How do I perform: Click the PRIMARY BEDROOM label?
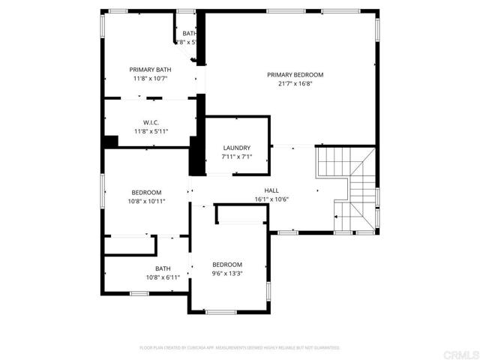coord(295,74)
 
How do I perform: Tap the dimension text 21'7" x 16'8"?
coord(295,84)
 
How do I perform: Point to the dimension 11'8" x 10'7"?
coord(150,78)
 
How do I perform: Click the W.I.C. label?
coord(150,122)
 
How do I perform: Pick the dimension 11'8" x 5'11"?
coord(150,132)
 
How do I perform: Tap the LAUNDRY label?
coord(236,148)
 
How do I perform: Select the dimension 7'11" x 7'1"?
coord(236,157)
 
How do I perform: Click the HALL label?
coord(271,190)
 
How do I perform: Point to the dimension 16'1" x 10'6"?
coord(271,199)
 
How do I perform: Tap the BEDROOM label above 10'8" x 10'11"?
coord(146,192)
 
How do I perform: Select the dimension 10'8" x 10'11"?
coord(146,202)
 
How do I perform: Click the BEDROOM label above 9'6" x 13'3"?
coord(226,264)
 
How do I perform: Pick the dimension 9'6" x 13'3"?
coord(226,274)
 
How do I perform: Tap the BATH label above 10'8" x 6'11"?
coord(163,268)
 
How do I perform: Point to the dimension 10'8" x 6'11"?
coord(163,277)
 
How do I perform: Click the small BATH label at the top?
coord(189,33)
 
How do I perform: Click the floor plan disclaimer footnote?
coord(240,348)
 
